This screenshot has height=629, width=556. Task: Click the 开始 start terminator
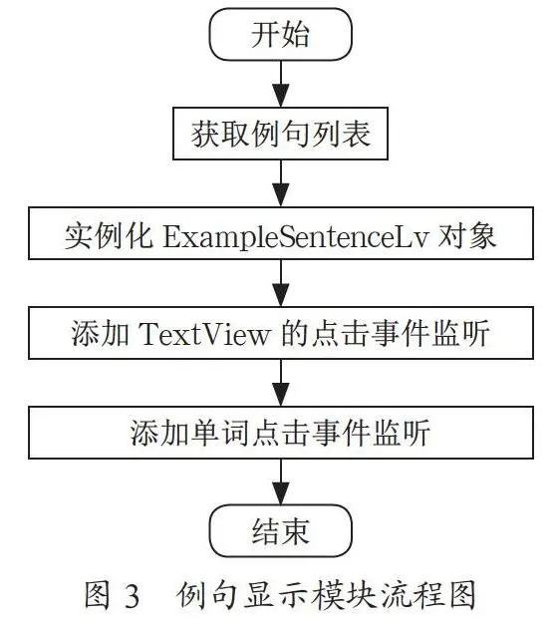coord(281,35)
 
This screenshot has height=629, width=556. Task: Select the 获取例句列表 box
coord(281,134)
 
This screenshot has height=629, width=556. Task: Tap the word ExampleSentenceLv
coord(296,236)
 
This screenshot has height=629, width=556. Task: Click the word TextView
coord(204,334)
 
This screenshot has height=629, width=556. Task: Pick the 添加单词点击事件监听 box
coord(281,433)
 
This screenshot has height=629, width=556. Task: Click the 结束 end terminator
coord(281,531)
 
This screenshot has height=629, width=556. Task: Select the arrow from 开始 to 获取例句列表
coord(281,84)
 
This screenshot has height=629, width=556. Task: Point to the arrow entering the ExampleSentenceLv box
coord(281,183)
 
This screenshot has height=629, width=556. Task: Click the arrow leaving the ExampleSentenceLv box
coord(281,283)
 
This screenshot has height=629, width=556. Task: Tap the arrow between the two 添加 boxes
coord(281,383)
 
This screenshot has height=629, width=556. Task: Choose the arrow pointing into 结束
coord(281,481)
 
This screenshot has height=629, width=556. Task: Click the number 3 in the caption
coord(132,596)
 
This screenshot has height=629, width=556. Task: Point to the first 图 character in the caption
coord(98,595)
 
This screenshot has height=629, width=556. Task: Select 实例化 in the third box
coord(109,236)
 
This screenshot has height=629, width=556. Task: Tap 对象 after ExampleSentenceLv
coord(467,236)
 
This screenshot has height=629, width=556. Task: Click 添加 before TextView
coord(101,333)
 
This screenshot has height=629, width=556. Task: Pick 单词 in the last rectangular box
coord(219,433)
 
